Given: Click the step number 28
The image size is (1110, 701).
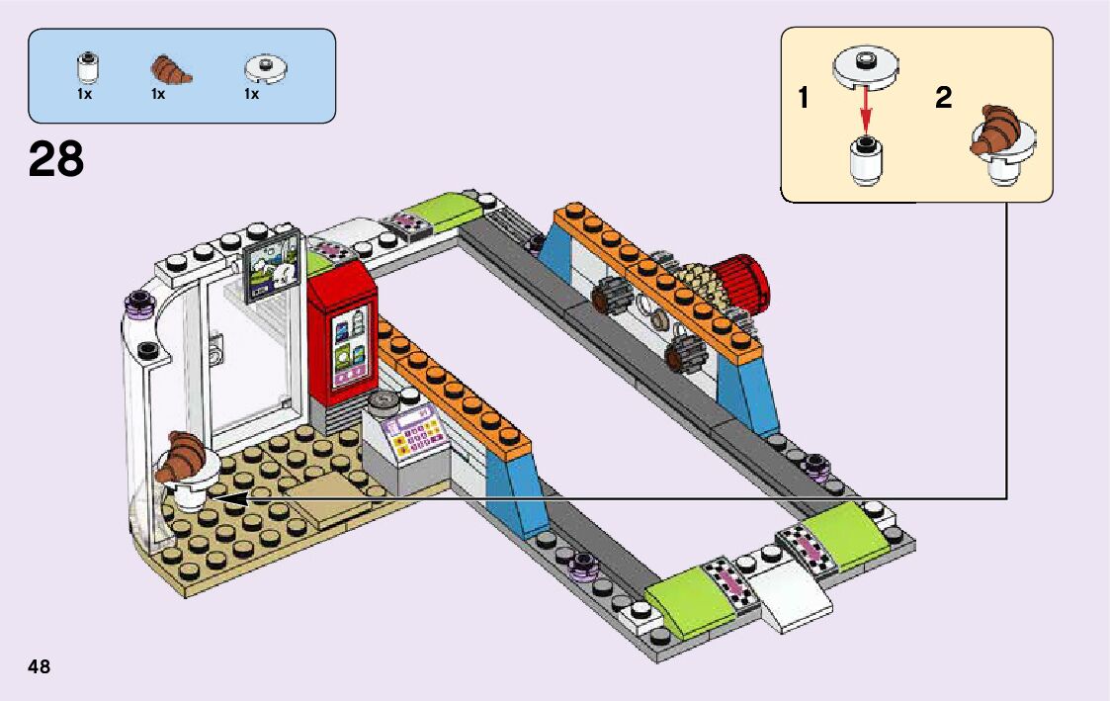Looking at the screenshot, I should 56,159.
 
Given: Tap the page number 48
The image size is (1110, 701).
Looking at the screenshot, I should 40,665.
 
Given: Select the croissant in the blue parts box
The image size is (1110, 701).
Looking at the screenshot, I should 170,69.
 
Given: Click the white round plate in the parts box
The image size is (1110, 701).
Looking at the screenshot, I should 264,67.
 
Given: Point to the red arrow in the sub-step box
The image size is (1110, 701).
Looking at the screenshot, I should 867,108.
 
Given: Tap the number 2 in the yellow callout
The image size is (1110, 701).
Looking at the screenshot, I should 943,98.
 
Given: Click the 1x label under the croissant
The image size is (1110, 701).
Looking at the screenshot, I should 158,95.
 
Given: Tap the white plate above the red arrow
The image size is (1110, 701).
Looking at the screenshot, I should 866,67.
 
